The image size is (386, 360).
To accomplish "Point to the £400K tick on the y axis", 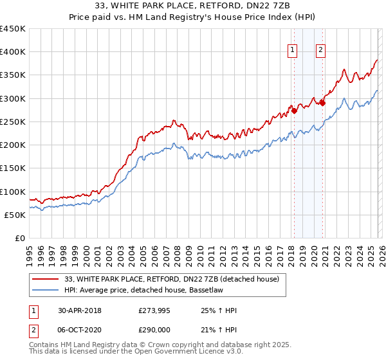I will click(x=13, y=52).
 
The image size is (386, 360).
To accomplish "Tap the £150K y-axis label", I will click(x=13, y=168).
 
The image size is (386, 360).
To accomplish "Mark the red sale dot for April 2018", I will click(x=294, y=111).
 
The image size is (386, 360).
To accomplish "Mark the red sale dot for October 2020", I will click(x=322, y=103).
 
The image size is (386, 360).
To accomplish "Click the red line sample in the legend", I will click(x=46, y=279).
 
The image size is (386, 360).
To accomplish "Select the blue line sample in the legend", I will click(x=46, y=290).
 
